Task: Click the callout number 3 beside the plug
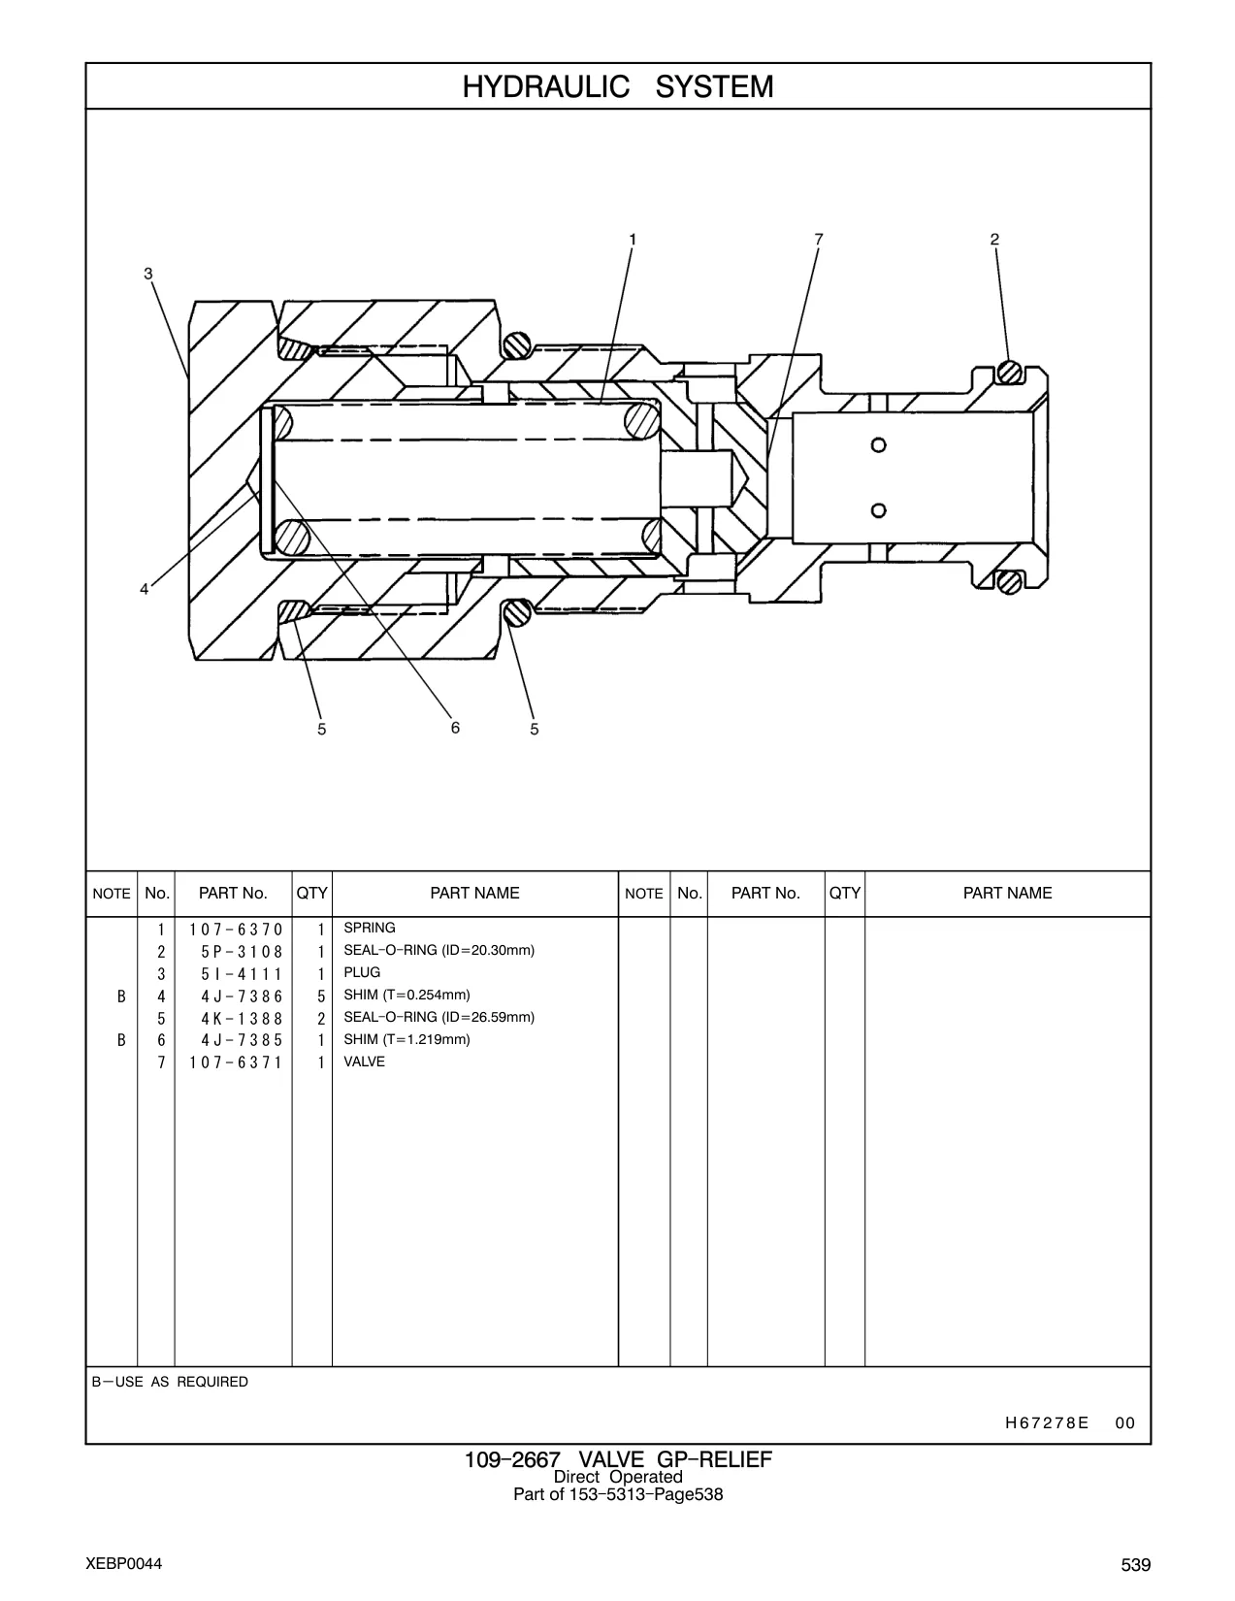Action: tap(148, 274)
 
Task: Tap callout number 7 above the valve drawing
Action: tap(818, 240)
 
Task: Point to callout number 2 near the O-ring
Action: tap(995, 240)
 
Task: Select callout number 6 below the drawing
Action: tap(455, 728)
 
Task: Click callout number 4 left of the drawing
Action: tap(145, 589)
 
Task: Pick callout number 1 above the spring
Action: tap(632, 240)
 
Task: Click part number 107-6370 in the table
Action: tap(236, 930)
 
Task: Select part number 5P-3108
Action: tap(242, 952)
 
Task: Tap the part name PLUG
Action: tap(362, 972)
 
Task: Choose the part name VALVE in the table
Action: tap(365, 1062)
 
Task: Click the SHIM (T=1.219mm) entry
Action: tap(406, 1039)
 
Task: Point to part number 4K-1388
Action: tap(242, 1019)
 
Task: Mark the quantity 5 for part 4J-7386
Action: tap(321, 997)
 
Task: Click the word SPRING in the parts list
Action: tap(370, 928)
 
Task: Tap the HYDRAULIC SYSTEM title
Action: tap(618, 87)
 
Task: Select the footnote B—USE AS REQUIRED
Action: tap(170, 1382)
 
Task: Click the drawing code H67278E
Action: tap(1047, 1423)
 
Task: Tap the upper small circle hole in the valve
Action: tap(879, 445)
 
